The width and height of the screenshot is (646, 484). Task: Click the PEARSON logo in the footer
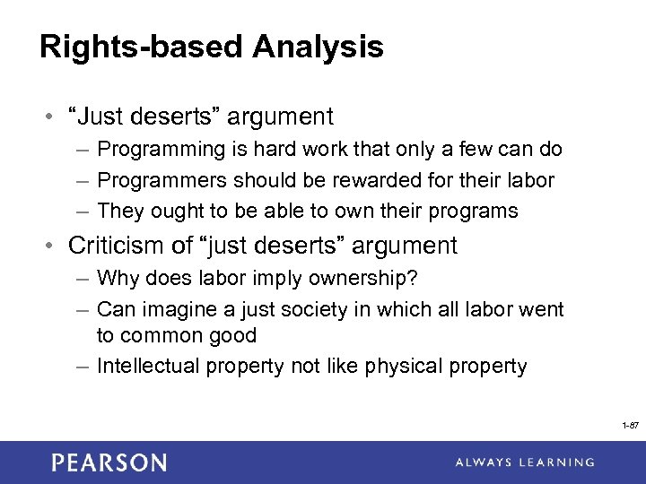pyautogui.click(x=109, y=462)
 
